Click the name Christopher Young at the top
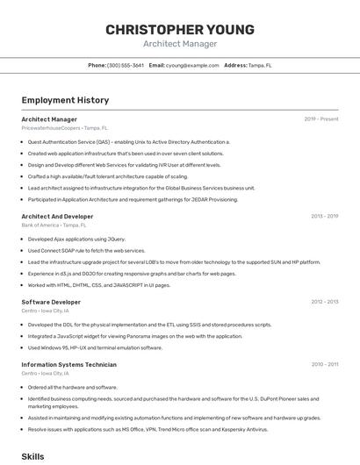(x=180, y=30)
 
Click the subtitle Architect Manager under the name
(x=180, y=44)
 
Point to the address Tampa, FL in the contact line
(x=260, y=65)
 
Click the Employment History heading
(x=65, y=100)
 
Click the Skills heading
(x=32, y=456)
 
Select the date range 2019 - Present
(x=321, y=119)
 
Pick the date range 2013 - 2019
(x=324, y=216)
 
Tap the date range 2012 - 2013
(x=324, y=302)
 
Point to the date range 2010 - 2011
(x=324, y=364)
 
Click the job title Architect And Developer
(x=57, y=216)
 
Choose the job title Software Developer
(x=51, y=302)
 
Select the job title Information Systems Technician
(x=68, y=364)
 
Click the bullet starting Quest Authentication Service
(x=128, y=141)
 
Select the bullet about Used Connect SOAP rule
(x=86, y=250)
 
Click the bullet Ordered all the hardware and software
(x=72, y=387)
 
